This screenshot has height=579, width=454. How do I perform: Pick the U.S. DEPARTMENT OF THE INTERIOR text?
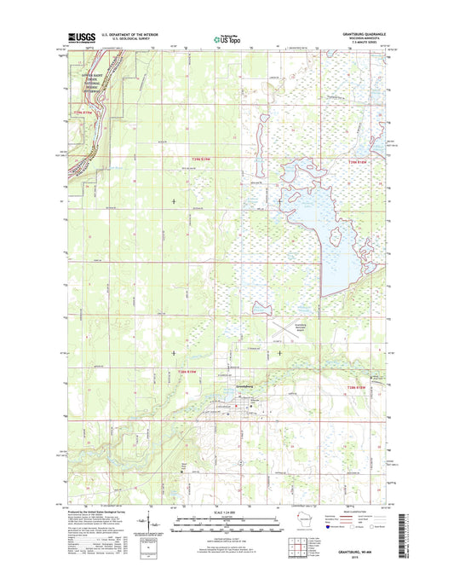(126, 34)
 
